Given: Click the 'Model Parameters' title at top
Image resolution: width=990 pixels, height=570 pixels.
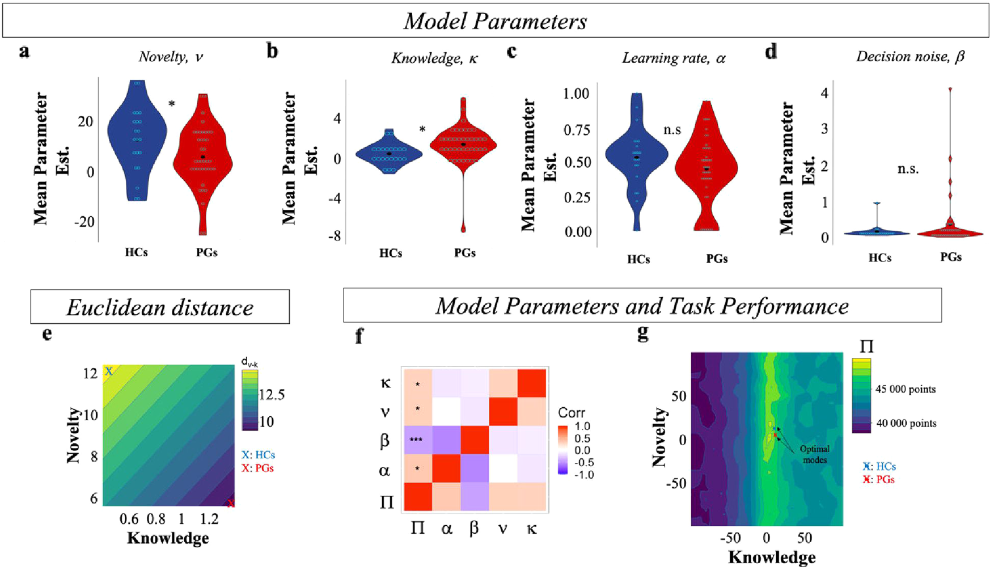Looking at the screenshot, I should coord(495,21).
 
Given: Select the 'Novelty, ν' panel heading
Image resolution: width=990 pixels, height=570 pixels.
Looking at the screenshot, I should coord(171,57).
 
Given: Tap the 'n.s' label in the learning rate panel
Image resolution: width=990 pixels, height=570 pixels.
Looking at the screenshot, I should coord(672,130).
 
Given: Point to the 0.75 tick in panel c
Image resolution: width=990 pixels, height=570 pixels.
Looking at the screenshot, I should coord(578,130).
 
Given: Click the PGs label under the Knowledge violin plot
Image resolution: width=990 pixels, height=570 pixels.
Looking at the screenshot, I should coord(464,253).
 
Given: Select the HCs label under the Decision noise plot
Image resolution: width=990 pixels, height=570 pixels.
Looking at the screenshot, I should coord(879,258).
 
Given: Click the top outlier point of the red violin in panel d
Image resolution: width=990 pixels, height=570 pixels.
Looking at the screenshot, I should coord(950,90).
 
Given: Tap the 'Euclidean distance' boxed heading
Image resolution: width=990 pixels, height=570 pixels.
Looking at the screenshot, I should coord(159,307).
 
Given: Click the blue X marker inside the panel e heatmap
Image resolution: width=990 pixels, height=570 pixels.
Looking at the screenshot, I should coord(109,371).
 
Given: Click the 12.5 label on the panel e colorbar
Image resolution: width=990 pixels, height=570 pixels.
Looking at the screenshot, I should coord(272,395).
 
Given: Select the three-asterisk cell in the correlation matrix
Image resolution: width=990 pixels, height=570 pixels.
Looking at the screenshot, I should coord(417,440).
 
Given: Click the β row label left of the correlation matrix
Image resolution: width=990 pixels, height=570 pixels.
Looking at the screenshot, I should coord(385,441).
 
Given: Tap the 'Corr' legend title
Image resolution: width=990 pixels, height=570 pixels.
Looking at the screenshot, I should coord(571,412).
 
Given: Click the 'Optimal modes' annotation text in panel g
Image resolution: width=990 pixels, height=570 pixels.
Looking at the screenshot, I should coord(815,454).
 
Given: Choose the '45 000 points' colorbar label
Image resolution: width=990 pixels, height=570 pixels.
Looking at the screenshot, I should coord(905,389).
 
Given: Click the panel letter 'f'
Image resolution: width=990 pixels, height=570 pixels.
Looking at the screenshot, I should coord(359,337).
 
